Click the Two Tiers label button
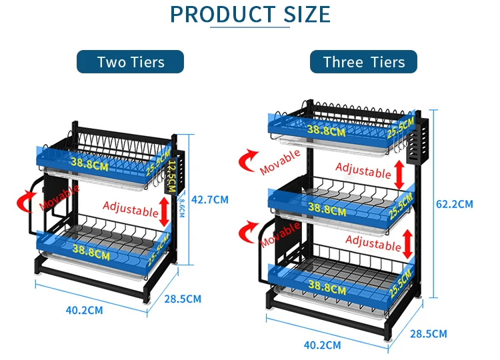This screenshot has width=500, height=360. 130,62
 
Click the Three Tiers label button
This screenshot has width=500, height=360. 363,62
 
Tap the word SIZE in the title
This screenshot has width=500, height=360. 299,14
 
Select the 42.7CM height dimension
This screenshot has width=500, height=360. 210,199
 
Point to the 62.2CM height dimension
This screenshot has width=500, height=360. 455,203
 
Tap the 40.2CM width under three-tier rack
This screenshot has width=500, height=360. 322,345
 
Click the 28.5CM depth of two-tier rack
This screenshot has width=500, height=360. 183,299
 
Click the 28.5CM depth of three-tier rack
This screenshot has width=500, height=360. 429,333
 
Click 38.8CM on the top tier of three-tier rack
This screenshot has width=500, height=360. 327,130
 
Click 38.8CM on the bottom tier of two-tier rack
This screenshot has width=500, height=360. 93,251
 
